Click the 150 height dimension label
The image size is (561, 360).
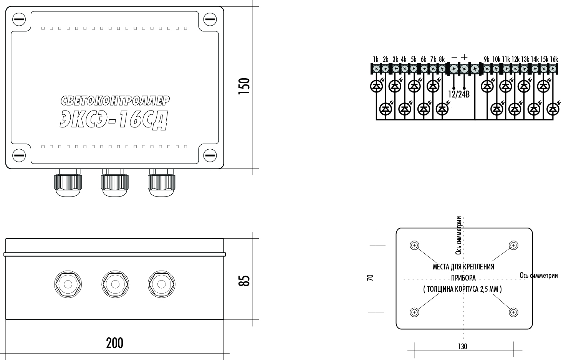coord(244,86)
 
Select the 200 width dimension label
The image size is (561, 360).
coord(114,343)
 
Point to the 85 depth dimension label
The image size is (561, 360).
coord(244,280)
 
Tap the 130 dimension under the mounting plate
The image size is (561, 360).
coord(462,347)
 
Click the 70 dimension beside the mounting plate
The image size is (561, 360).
coord(370,277)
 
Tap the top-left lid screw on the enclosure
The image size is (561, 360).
coord(19,19)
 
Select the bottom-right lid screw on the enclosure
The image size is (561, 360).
coord(210,155)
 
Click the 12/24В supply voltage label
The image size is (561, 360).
coord(459,94)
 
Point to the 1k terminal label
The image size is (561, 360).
coord(376,59)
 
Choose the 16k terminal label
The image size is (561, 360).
coord(554,59)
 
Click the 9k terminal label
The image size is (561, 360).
coord(487,59)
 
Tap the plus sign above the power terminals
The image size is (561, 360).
coord(464,57)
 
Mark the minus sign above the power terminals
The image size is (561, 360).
coord(454,57)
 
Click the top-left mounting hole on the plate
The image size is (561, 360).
coord(414,246)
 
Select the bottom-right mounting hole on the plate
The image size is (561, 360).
coord(513,312)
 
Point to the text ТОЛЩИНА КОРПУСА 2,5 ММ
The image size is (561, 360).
coord(462,289)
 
